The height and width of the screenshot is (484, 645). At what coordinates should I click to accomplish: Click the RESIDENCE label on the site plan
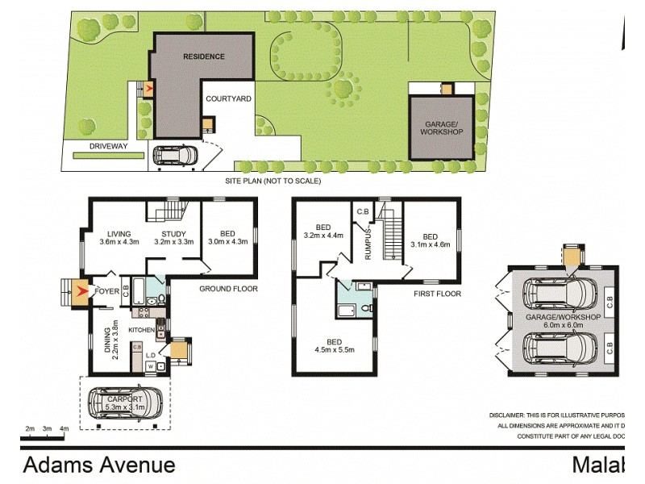point(203,56)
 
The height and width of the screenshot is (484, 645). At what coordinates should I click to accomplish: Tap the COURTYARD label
point(228,98)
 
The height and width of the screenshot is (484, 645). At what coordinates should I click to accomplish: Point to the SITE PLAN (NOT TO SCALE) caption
point(273,181)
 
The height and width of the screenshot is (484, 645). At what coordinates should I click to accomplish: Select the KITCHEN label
point(140,330)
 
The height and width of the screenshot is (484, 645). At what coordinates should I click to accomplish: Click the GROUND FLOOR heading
point(228,288)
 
